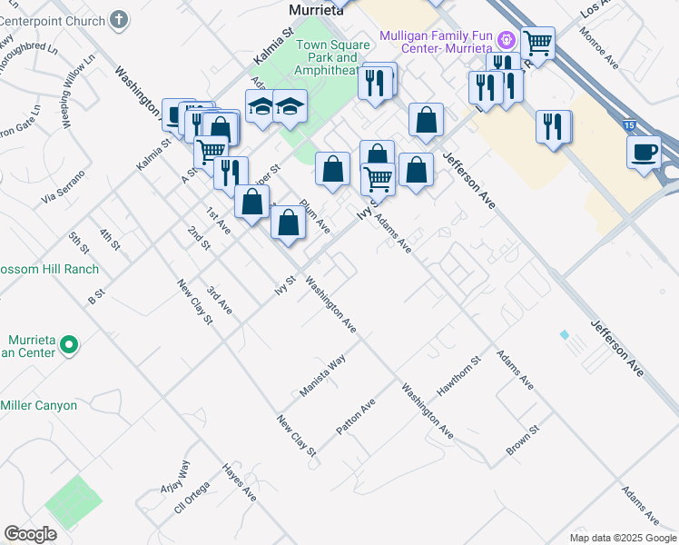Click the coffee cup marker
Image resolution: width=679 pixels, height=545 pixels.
tap(644, 151)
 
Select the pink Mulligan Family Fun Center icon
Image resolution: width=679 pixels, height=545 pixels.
tap(507, 41)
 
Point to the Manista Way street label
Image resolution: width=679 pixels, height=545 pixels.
tap(323, 375)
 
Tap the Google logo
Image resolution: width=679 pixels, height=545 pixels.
tap(30, 534)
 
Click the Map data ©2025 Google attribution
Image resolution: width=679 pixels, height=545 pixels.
tap(622, 538)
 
